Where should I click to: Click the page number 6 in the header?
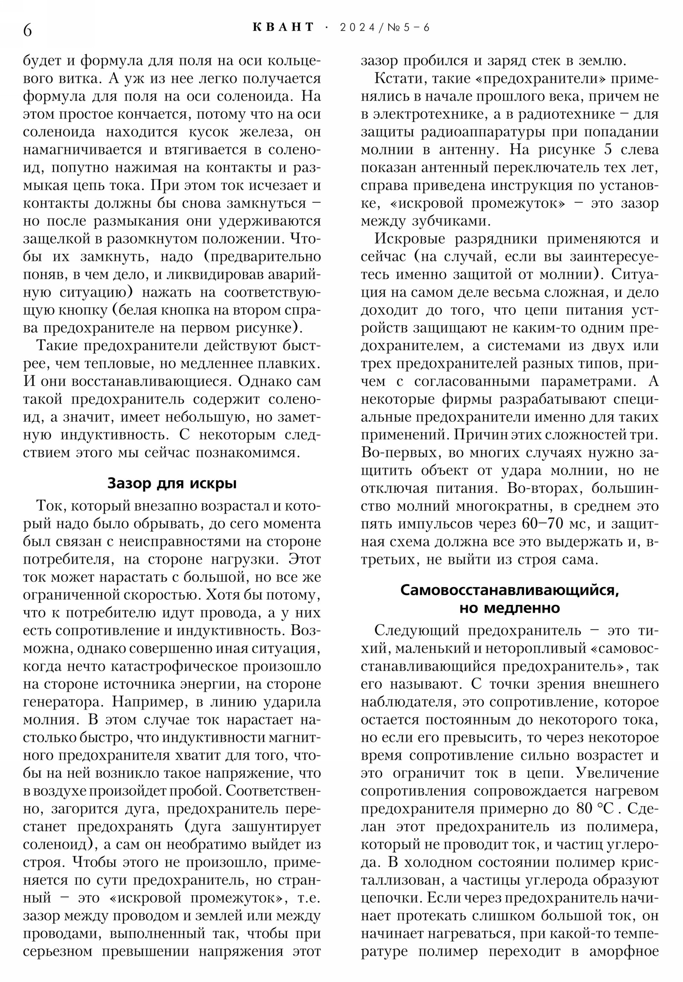27,30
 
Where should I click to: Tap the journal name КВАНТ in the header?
283,27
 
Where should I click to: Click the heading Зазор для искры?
172,483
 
